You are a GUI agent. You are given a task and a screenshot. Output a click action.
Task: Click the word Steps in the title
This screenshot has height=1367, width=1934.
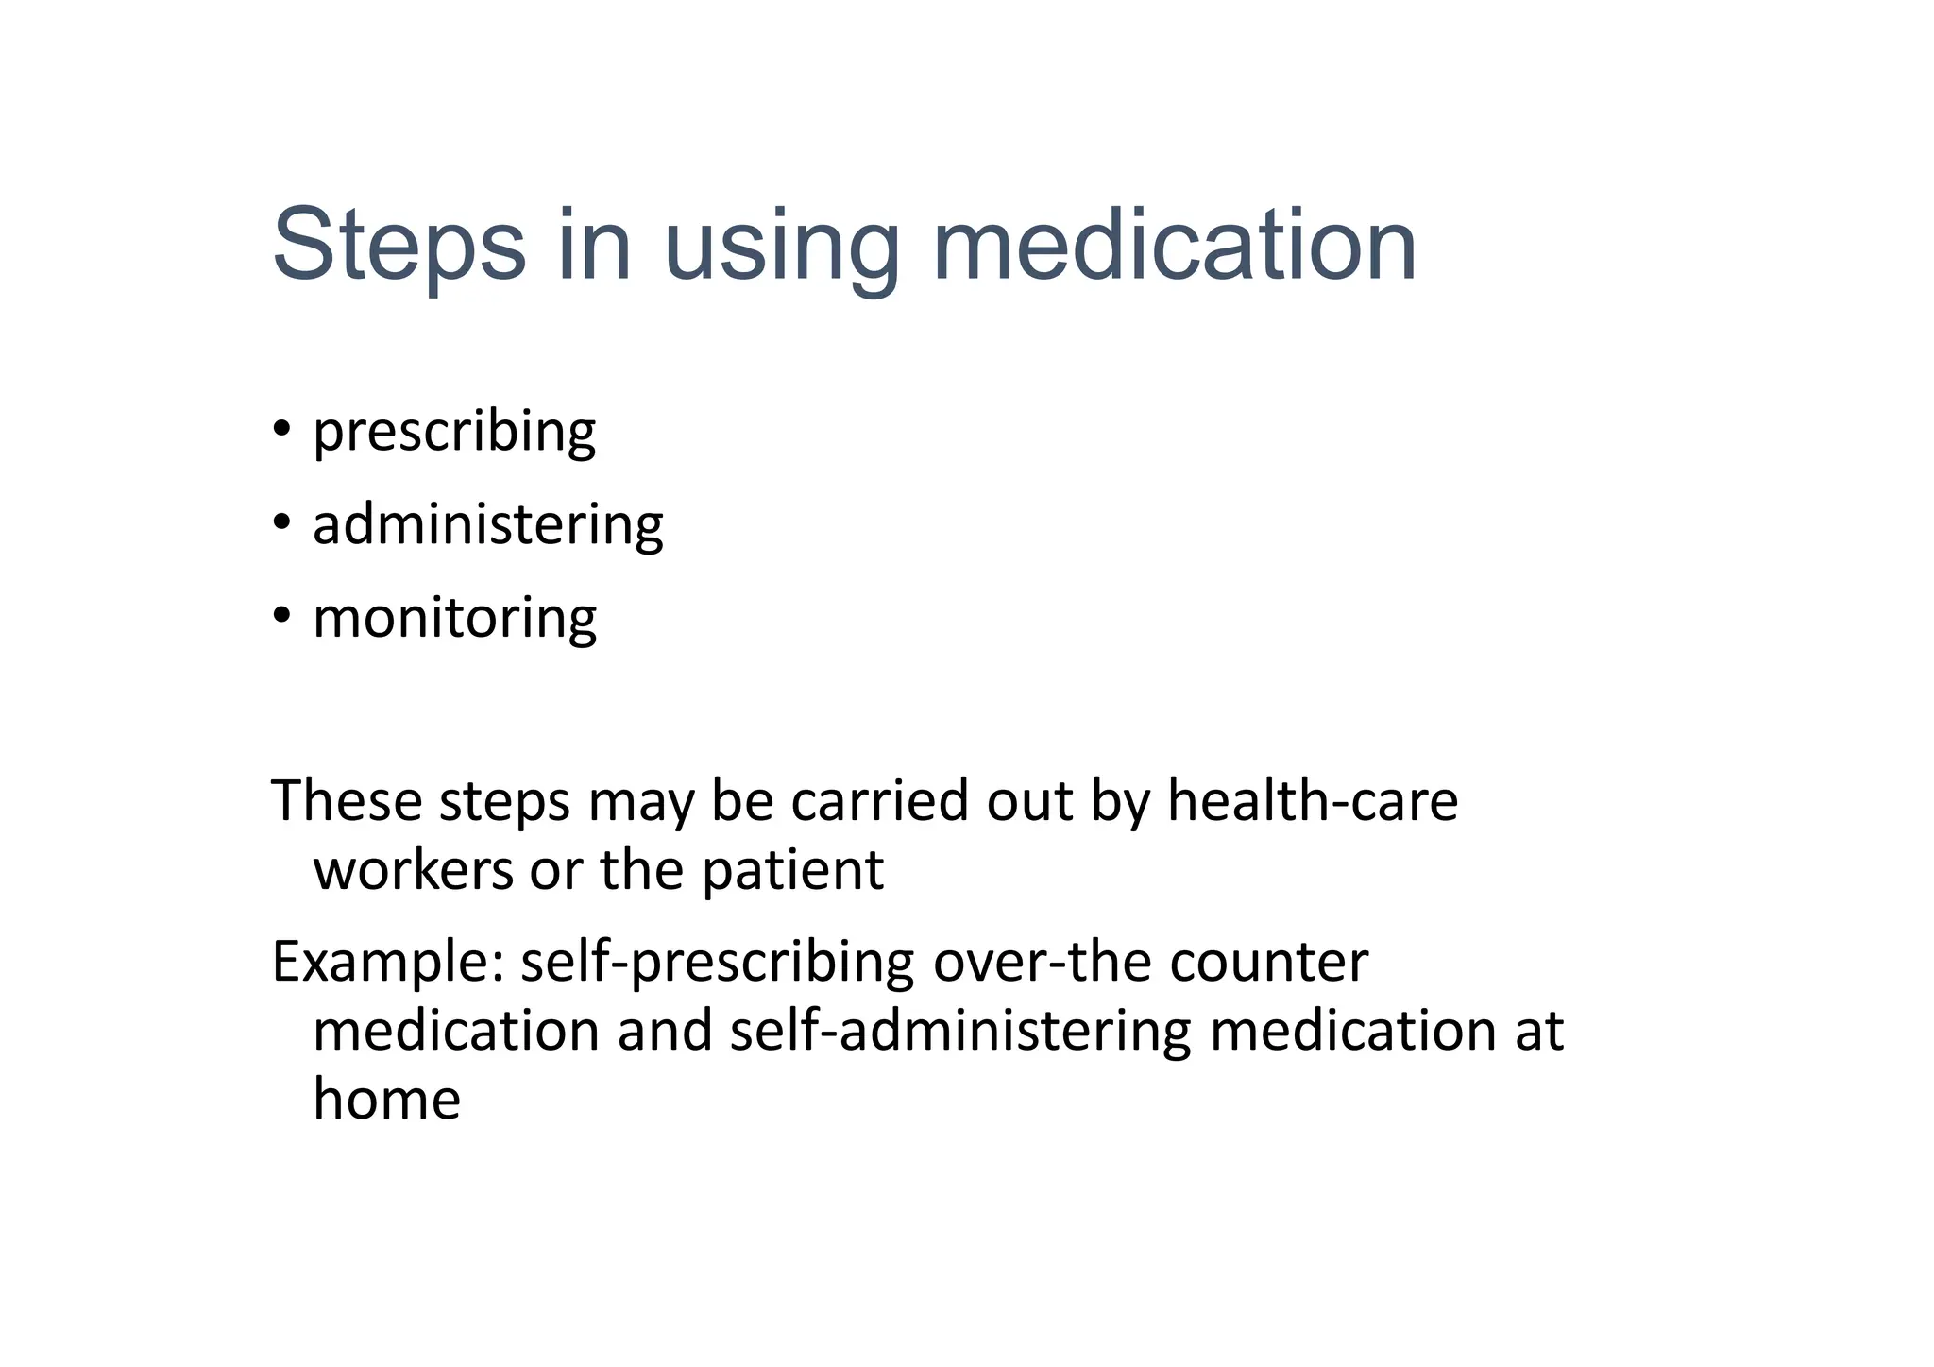(398, 246)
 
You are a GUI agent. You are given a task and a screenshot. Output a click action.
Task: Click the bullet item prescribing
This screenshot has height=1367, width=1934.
(454, 433)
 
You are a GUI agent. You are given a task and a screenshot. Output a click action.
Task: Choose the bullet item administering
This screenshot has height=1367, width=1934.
(488, 524)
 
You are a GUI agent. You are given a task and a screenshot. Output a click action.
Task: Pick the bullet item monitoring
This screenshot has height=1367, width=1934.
(454, 619)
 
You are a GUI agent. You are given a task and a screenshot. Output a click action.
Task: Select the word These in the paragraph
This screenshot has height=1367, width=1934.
(347, 800)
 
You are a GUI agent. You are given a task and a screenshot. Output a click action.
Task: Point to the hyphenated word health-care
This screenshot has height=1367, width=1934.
(1313, 800)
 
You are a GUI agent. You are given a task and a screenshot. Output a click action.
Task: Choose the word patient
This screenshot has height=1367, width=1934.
(792, 871)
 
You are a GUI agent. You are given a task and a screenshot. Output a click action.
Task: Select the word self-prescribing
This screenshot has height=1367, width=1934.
(717, 963)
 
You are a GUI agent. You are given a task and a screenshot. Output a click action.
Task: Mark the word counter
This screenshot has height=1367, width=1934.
(1268, 963)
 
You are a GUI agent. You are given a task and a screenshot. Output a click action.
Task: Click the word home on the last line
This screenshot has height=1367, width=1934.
(386, 1100)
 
